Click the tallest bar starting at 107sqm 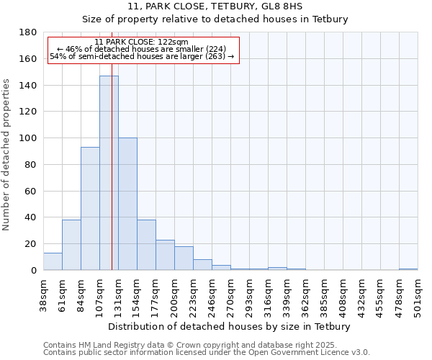[109, 173]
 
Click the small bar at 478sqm [408, 269]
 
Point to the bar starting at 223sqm [202, 264]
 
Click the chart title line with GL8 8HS [215, 6]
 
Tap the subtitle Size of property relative [215, 19]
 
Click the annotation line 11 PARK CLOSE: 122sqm [141, 42]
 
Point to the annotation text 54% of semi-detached [142, 56]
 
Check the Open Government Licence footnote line [207, 352]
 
